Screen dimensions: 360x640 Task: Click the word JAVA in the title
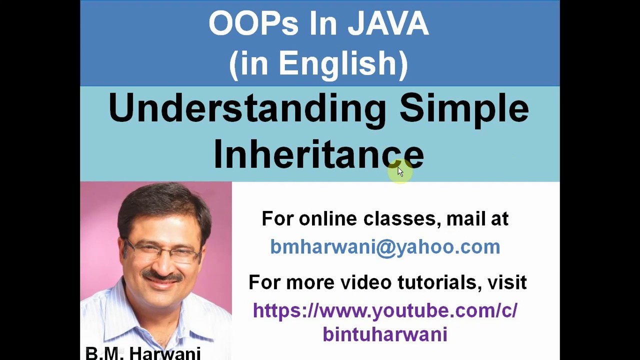point(388,23)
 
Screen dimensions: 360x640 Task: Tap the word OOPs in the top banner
point(253,23)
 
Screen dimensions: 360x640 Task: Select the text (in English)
point(318,63)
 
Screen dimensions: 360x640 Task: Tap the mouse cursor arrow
point(400,171)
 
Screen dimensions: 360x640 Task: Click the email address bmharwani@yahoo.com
point(385,246)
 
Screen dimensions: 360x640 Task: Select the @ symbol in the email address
point(385,247)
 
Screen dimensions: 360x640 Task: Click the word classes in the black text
point(399,218)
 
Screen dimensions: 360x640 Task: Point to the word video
point(366,282)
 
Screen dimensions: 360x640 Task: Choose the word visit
point(507,282)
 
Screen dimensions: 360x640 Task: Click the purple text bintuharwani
point(385,334)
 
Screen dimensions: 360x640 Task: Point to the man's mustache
point(161,275)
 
